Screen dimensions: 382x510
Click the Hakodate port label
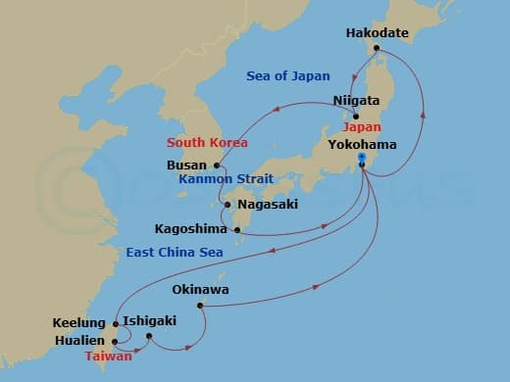point(377,32)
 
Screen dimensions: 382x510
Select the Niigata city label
point(356,100)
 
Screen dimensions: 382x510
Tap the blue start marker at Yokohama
point(362,157)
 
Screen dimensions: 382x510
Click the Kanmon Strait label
point(226,179)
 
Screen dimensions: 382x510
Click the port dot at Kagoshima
point(237,230)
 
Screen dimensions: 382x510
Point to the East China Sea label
point(173,252)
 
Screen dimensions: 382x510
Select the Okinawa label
point(200,290)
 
